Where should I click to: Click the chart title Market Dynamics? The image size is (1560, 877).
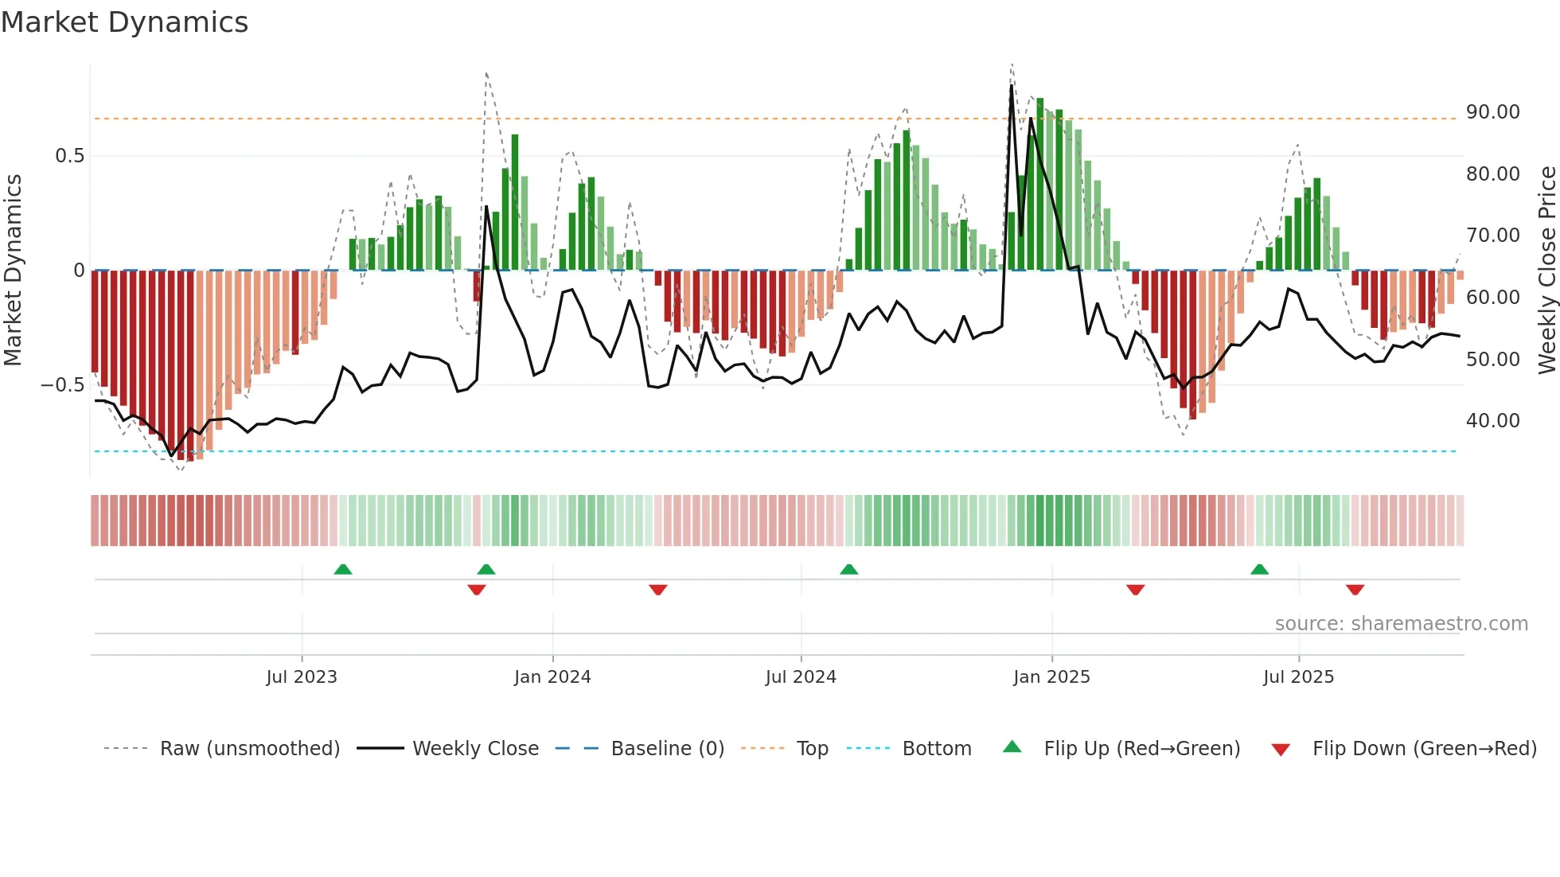(x=124, y=22)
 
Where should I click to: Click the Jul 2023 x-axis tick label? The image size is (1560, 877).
(x=302, y=677)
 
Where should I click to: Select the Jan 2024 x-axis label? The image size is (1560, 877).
(x=552, y=677)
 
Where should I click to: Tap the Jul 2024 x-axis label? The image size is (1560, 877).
(x=801, y=677)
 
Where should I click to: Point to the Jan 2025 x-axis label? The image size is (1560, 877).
(x=1051, y=677)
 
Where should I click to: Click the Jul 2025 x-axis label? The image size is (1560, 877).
(x=1298, y=677)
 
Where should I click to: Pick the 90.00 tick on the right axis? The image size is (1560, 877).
(x=1492, y=112)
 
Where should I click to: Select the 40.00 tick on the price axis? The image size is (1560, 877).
(x=1492, y=421)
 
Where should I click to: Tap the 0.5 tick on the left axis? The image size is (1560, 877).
(x=69, y=156)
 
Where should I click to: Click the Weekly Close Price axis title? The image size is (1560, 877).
(x=1546, y=271)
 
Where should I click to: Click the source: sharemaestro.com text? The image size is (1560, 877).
(x=1401, y=624)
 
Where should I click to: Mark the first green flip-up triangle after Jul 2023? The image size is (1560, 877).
(x=343, y=569)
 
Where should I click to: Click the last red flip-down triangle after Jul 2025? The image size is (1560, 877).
(x=1355, y=590)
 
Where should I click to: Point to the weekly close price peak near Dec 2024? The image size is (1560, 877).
(x=1012, y=86)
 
